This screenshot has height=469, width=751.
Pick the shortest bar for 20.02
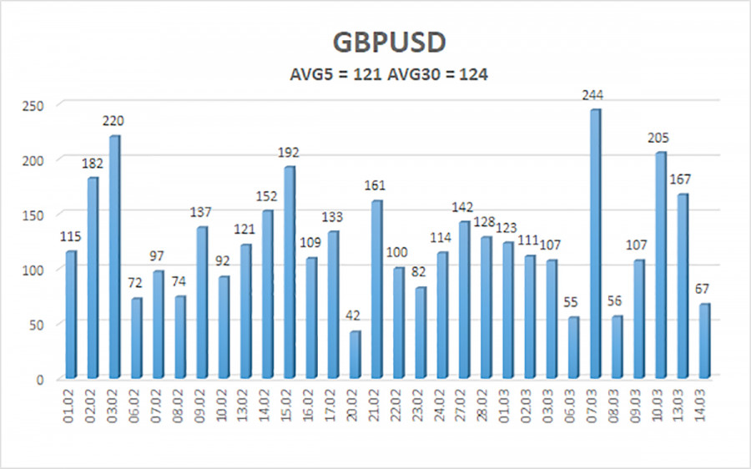(355, 354)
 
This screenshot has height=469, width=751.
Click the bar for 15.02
(289, 271)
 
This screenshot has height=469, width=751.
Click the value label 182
(92, 163)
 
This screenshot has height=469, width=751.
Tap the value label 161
(376, 185)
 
